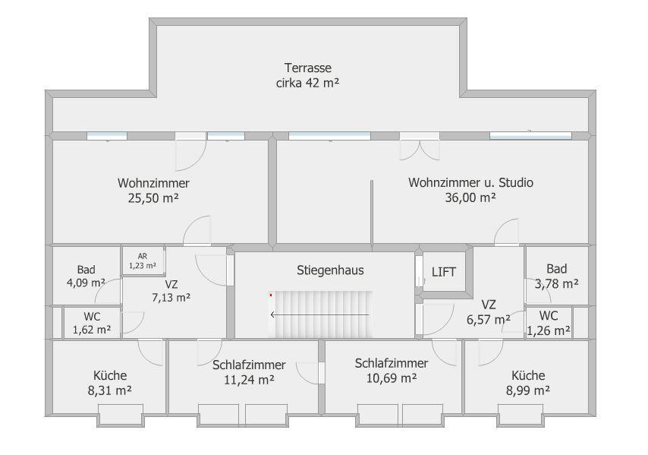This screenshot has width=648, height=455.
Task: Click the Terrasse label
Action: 308,68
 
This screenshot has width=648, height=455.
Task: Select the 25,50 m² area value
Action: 153,198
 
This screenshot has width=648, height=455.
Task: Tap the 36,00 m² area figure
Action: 470,197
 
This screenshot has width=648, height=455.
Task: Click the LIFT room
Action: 444,272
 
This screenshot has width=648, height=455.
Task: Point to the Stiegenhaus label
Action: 330,270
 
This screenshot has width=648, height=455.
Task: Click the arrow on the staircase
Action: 319,314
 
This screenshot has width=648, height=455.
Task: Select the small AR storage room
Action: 143,261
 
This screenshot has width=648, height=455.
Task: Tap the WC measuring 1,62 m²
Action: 92,323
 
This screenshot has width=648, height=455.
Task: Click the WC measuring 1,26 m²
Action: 549,323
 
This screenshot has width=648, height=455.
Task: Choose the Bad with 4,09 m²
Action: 86,276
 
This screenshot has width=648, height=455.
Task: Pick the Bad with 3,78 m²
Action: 556,276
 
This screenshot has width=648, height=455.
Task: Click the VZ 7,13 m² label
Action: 171,291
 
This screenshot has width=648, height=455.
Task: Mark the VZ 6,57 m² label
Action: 489,312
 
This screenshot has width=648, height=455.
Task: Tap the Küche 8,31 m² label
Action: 110,383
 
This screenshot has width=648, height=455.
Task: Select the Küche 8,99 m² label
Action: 528,383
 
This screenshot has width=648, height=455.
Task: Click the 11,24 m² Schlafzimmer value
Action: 249,380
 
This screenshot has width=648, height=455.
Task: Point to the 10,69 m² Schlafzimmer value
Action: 392,378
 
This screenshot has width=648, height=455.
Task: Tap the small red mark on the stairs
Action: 271,295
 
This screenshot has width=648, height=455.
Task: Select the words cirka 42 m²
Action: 307,83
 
